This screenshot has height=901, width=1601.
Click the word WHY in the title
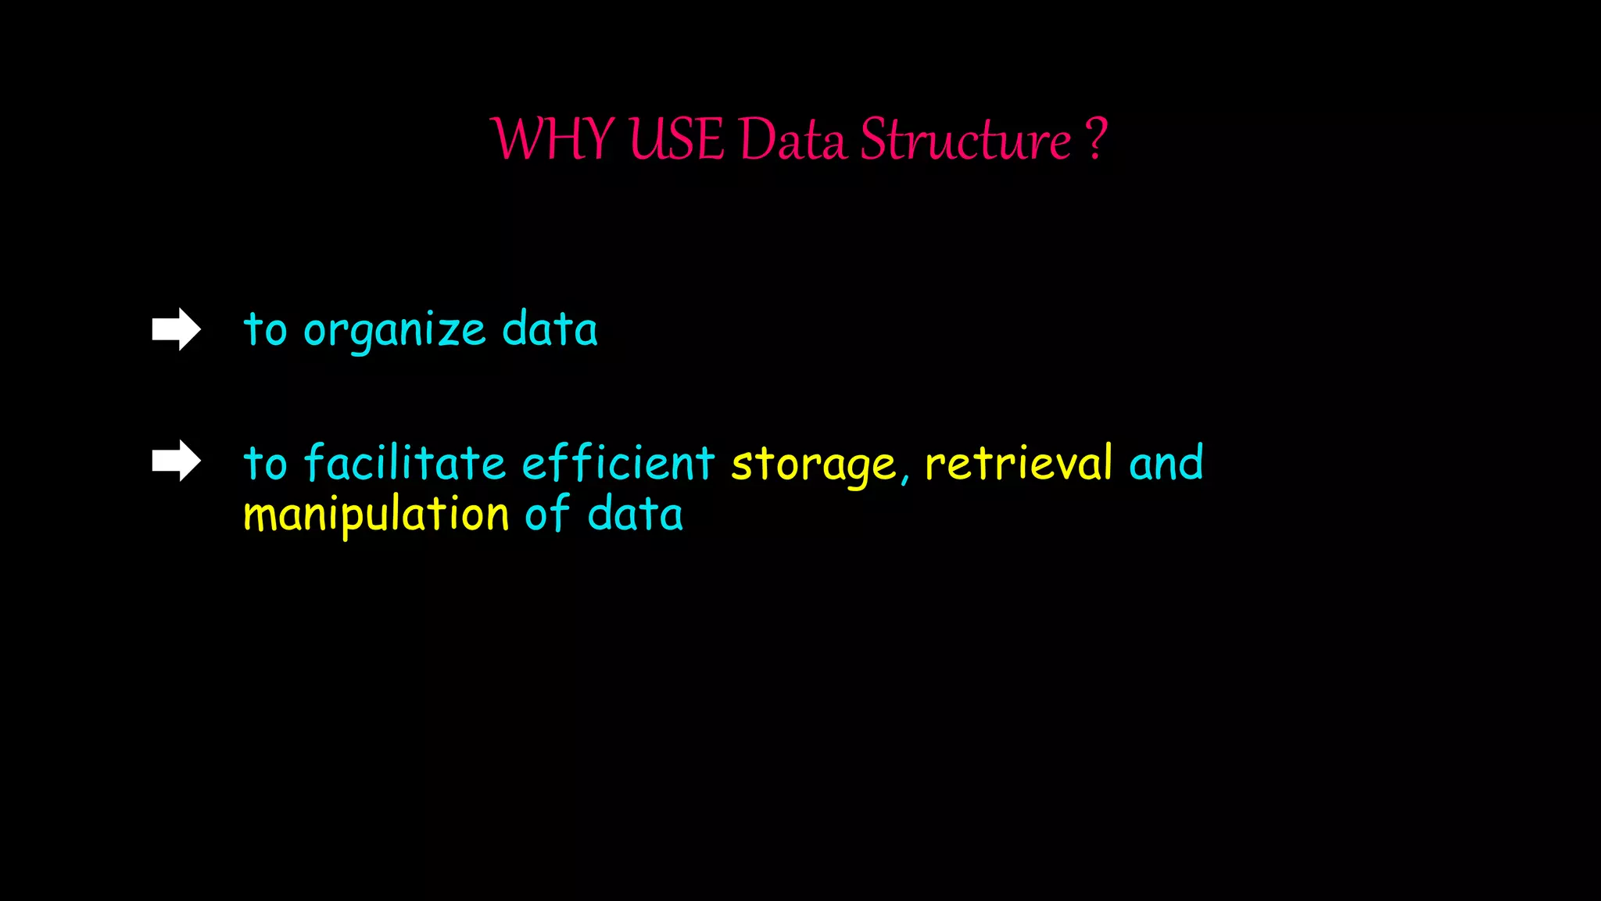pos(552,140)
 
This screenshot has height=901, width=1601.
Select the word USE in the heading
pos(676,140)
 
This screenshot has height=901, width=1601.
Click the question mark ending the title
pos(1096,138)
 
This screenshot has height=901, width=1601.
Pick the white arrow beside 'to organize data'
pos(177,329)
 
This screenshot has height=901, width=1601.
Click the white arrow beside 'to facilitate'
pos(177,461)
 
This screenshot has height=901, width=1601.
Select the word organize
pos(395,330)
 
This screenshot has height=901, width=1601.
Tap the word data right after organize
pos(550,328)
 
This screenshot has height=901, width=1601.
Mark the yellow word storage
pos(813,465)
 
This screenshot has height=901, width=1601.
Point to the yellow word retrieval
pos(1019,462)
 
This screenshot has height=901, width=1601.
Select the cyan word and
pos(1166,463)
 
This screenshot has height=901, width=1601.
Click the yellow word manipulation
pos(376,515)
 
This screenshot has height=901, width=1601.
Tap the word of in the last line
pos(547,514)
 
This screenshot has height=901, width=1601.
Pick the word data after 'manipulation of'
pos(635,515)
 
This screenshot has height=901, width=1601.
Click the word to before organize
pos(265,329)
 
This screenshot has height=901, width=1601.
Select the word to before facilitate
pos(265,462)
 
